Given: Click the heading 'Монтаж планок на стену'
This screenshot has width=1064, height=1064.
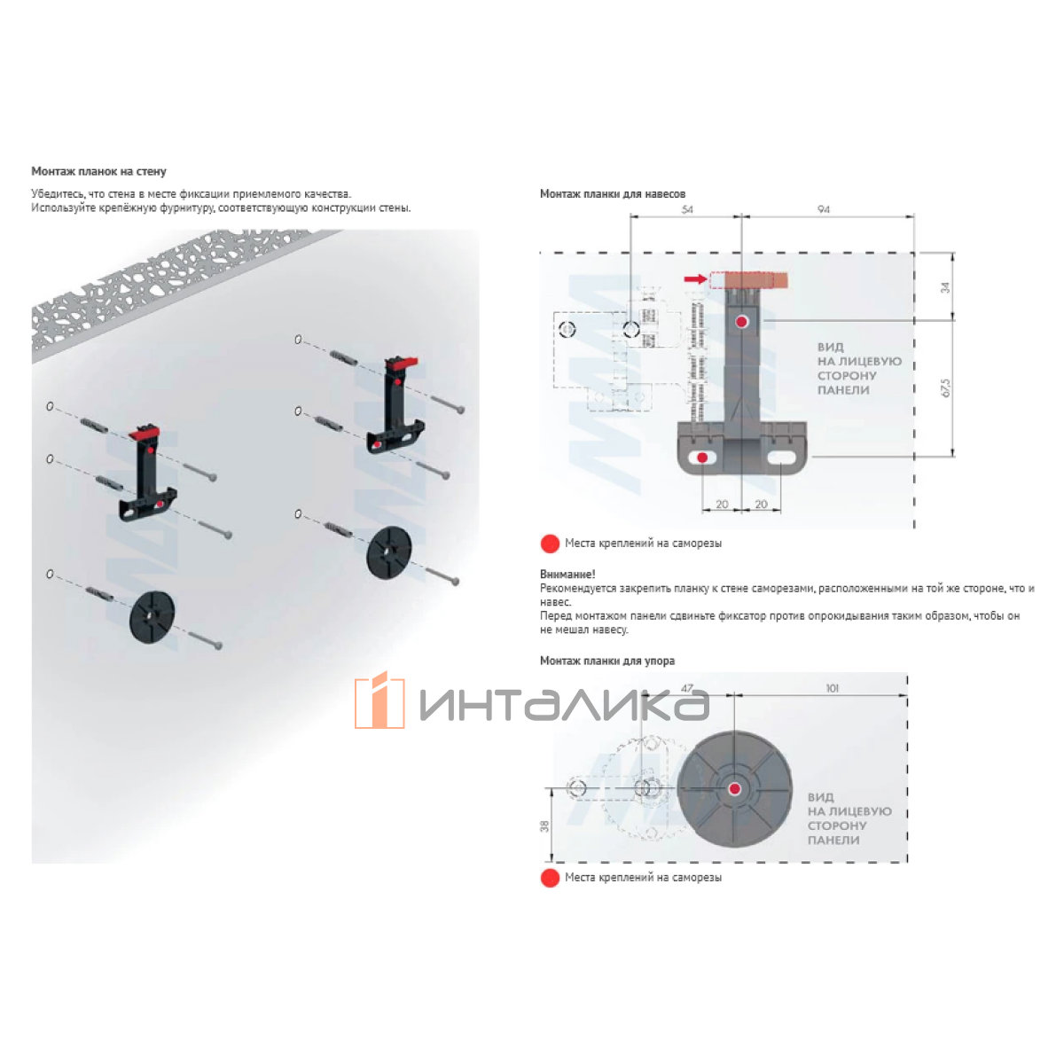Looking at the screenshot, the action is pyautogui.click(x=98, y=171).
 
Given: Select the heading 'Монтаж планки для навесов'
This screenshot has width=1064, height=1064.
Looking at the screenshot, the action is pyautogui.click(x=613, y=194).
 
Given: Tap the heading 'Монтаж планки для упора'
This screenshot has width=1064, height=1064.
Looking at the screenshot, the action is pyautogui.click(x=606, y=661).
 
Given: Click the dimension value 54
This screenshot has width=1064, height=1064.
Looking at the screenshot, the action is pyautogui.click(x=687, y=209).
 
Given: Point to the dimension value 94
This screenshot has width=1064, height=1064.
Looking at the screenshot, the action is pyautogui.click(x=823, y=209).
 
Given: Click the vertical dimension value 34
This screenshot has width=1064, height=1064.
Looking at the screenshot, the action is pyautogui.click(x=945, y=287).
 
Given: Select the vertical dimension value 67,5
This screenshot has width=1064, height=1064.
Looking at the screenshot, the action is pyautogui.click(x=945, y=387).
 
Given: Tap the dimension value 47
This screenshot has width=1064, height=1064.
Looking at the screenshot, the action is pyautogui.click(x=686, y=689).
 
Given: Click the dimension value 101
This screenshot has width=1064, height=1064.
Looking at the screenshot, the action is pyautogui.click(x=832, y=689).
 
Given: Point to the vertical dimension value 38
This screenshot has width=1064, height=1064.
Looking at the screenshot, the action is pyautogui.click(x=545, y=826).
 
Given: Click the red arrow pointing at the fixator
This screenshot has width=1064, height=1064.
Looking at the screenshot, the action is pyautogui.click(x=695, y=278).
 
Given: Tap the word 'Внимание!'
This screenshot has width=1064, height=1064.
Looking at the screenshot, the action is pyautogui.click(x=567, y=575).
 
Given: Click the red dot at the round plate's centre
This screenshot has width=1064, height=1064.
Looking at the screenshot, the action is pyautogui.click(x=734, y=789).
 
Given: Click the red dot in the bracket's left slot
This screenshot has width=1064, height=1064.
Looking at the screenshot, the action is pyautogui.click(x=702, y=458).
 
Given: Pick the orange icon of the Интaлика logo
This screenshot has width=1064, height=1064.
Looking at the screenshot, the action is pyautogui.click(x=379, y=700).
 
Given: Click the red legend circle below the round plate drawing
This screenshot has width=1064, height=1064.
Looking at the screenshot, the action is pyautogui.click(x=550, y=878).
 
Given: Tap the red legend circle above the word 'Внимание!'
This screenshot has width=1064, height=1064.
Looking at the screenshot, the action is pyautogui.click(x=550, y=544).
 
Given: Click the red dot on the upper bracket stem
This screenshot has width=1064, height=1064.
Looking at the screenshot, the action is pyautogui.click(x=741, y=322).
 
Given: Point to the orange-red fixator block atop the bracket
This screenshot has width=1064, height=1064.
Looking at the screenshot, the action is pyautogui.click(x=756, y=280).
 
